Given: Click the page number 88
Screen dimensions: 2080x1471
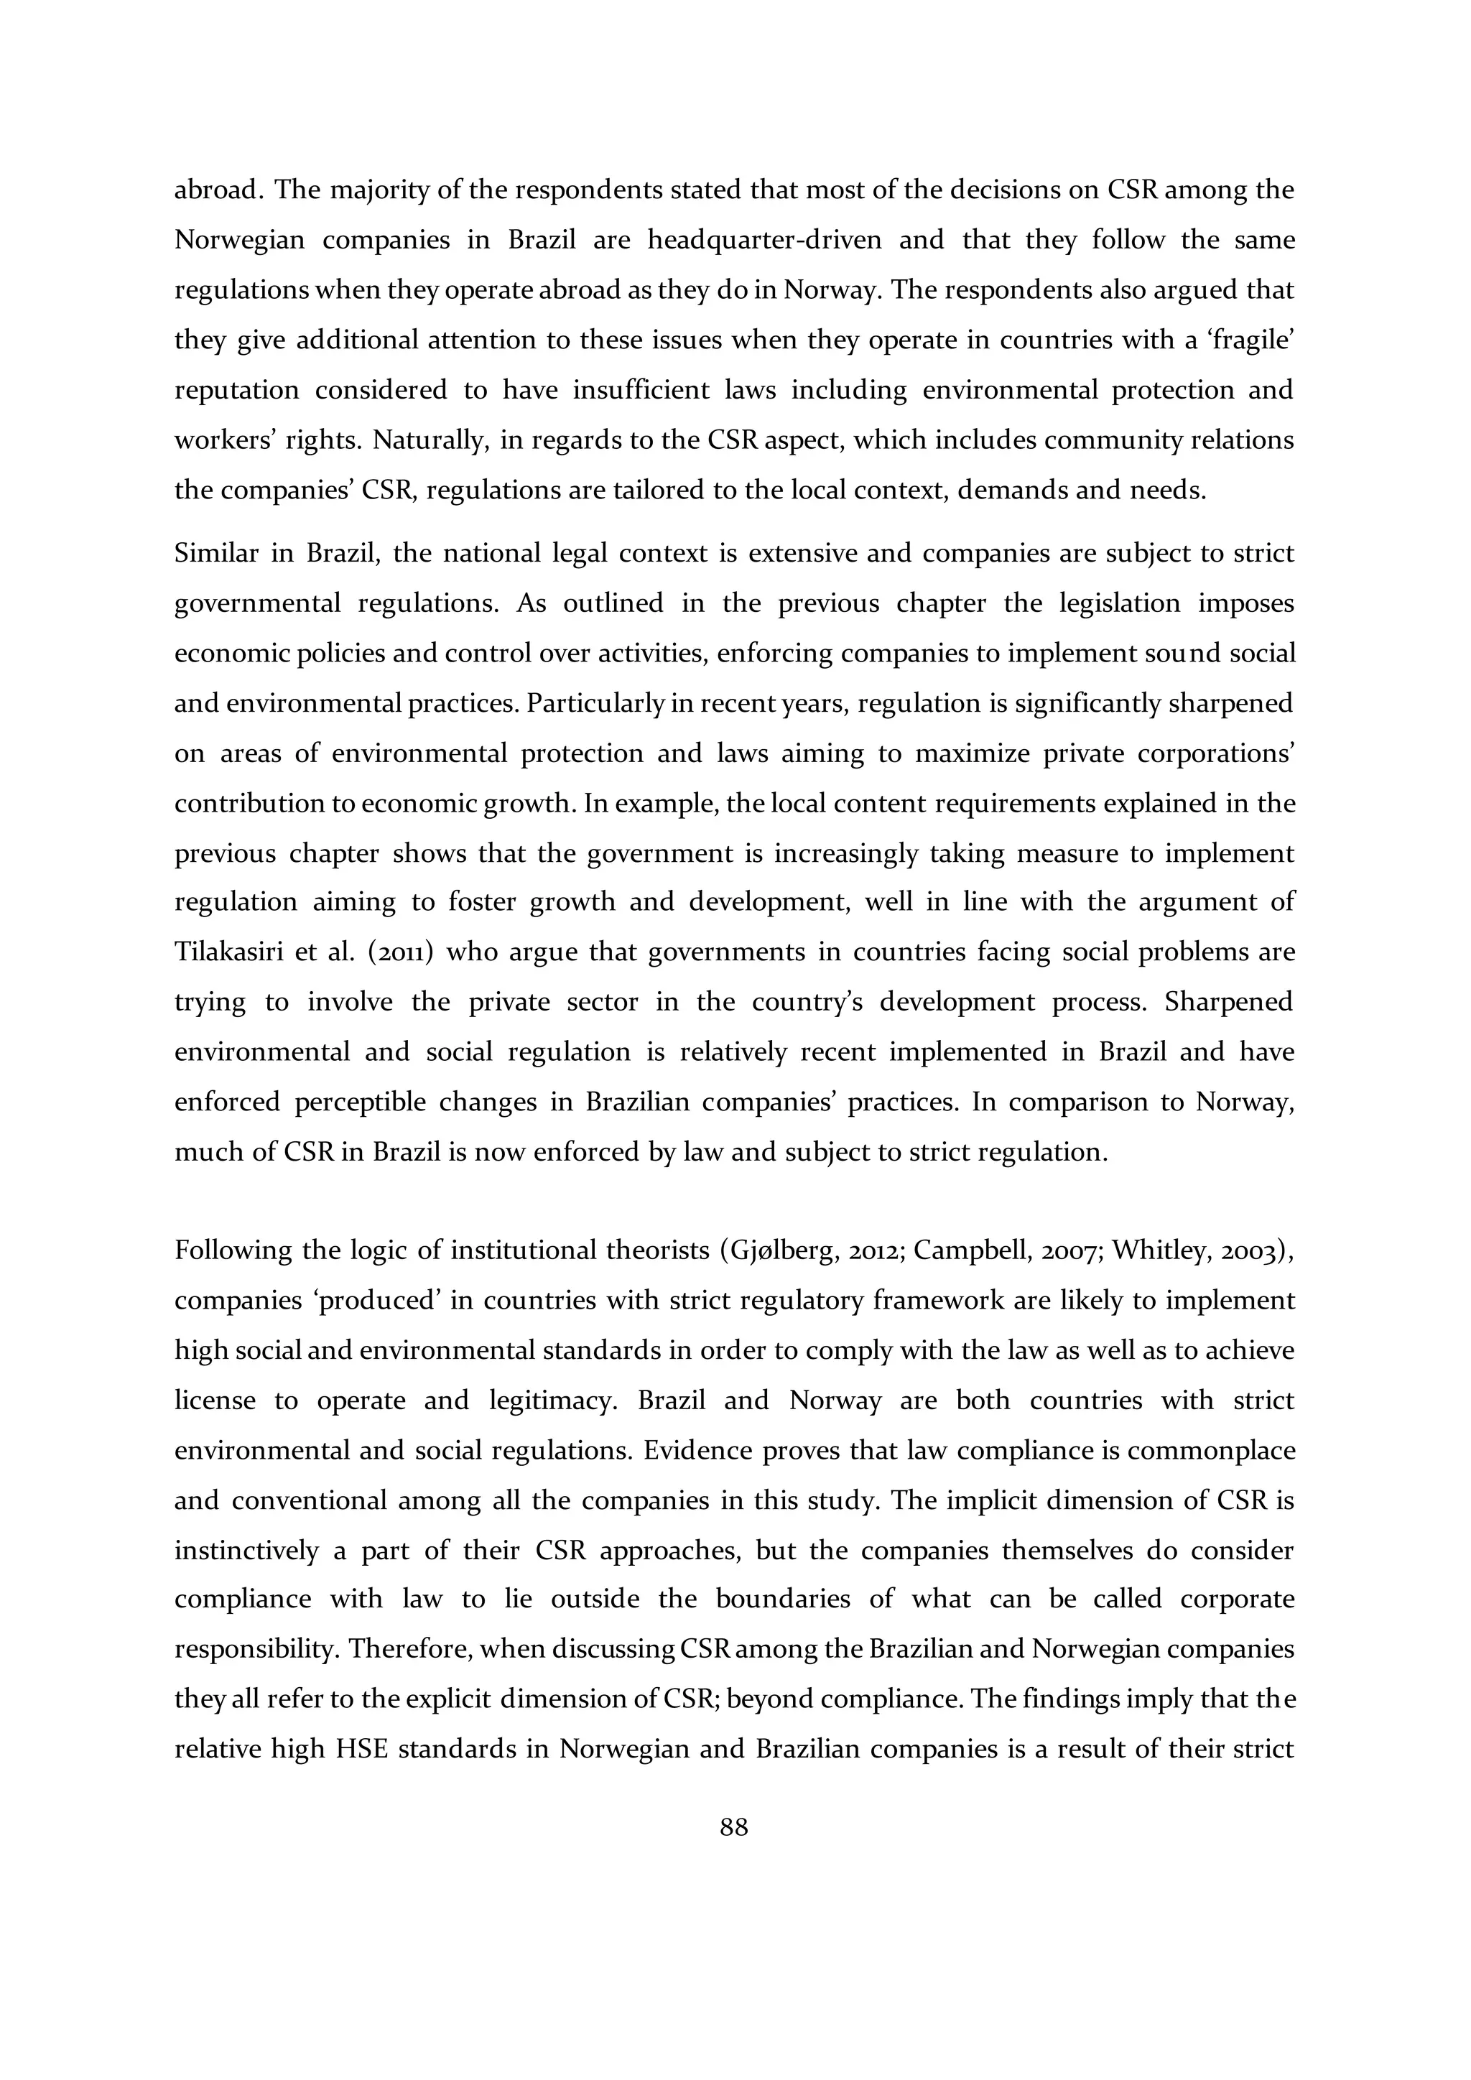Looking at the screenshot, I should [x=733, y=1827].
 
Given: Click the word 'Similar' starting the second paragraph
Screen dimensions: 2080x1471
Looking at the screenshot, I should [x=215, y=552].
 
